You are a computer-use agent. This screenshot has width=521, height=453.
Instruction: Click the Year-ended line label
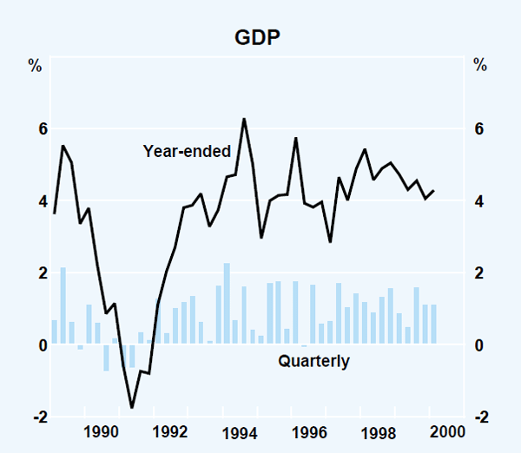187,151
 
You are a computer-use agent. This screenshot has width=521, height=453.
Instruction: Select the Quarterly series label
313,361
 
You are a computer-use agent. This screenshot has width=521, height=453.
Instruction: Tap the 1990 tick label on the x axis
102,432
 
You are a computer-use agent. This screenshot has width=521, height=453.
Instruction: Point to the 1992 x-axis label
170,432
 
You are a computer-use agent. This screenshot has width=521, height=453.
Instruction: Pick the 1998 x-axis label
378,432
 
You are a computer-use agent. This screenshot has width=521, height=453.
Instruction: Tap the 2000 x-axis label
446,432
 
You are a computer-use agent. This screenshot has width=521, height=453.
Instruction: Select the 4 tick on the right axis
478,201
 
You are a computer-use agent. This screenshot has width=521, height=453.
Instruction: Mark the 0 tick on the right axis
478,345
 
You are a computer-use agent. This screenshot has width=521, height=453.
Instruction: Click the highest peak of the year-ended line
244,119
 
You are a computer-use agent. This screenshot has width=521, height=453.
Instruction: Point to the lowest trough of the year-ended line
132,407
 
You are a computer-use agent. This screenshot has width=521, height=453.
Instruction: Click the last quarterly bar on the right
433,325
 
